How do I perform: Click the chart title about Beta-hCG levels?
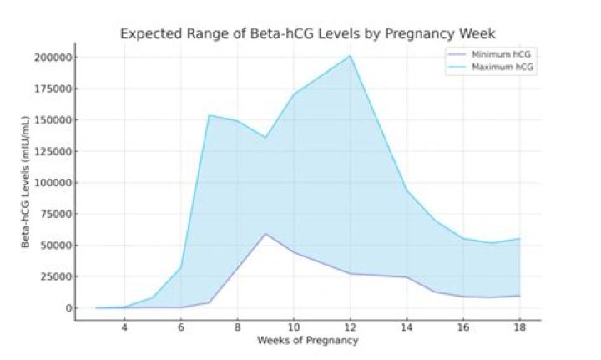[x=309, y=34]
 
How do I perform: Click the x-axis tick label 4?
[x=124, y=328]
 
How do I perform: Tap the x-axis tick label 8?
[x=237, y=328]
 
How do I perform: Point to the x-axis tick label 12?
[x=350, y=328]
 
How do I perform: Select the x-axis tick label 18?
[x=519, y=328]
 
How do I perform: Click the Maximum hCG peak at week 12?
[x=350, y=56]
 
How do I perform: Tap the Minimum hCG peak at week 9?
[x=265, y=234]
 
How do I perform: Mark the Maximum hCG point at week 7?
[x=209, y=115]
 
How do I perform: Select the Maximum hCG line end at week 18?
[x=519, y=239]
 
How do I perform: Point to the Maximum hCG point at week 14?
[x=407, y=190]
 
